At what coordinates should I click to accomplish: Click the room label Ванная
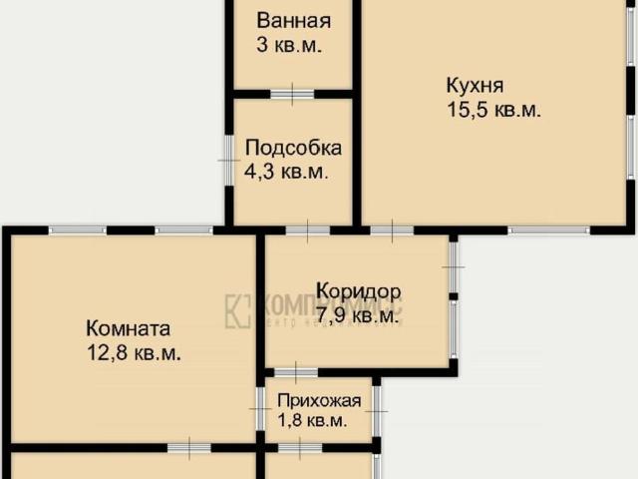(293, 21)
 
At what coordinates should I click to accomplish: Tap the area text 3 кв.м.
(288, 45)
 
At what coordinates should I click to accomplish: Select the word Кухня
(475, 85)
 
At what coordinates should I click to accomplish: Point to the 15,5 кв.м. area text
(493, 110)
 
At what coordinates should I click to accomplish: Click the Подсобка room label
(293, 148)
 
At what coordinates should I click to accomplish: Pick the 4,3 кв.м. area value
(286, 172)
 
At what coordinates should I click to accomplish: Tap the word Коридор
(359, 291)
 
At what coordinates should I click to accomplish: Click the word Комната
(128, 327)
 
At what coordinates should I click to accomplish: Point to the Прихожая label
(318, 401)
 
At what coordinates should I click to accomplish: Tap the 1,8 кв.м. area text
(313, 421)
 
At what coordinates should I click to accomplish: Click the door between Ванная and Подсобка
(292, 95)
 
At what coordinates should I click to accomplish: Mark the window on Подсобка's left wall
(228, 160)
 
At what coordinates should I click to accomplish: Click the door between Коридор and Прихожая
(296, 372)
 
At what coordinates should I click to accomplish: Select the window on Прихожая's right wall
(377, 407)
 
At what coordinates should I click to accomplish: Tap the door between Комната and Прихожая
(260, 409)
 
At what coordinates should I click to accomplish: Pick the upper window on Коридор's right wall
(453, 266)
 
